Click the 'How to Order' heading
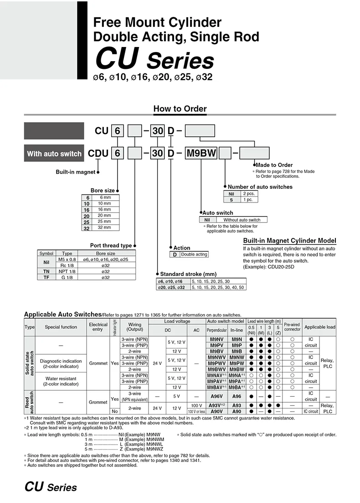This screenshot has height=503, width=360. point(180,109)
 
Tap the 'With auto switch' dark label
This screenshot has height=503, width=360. point(54,154)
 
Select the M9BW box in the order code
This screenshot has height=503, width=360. point(201,153)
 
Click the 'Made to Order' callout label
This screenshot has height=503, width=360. point(274,165)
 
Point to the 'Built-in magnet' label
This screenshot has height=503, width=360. point(76,172)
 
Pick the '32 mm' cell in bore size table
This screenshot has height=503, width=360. point(104,227)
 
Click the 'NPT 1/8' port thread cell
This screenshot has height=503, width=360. point(67,271)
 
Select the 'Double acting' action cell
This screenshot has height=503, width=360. point(194,254)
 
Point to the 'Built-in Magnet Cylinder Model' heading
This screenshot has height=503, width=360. point(289,241)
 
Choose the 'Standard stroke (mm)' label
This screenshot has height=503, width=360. point(188,274)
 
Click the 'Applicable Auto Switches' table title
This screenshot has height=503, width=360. point(62,314)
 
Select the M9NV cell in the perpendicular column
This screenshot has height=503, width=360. point(216,339)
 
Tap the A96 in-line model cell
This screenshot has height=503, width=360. point(237,396)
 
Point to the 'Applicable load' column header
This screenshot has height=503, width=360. point(319,327)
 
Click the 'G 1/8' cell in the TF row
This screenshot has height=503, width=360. point(67,277)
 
